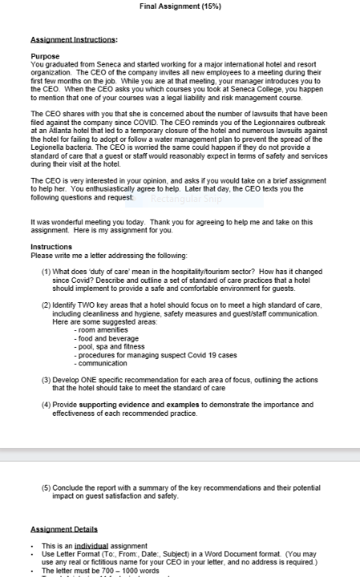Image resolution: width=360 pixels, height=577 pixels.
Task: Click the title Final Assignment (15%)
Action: tap(180, 6)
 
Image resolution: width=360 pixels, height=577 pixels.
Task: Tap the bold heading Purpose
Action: tap(45, 57)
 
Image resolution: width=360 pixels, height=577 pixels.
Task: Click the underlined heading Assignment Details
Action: tap(63, 529)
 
